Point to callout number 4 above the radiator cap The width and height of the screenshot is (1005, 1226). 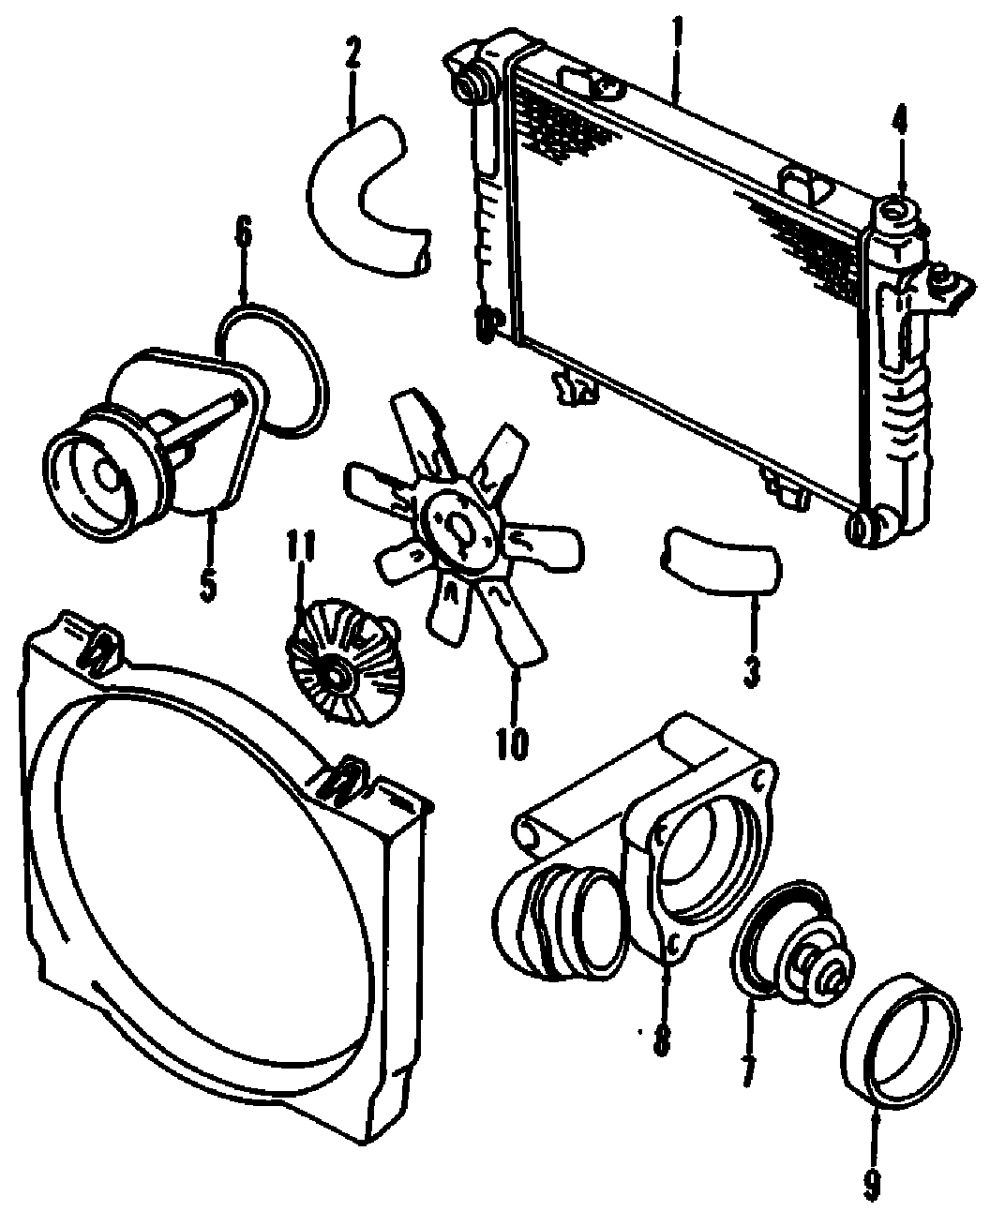tap(899, 120)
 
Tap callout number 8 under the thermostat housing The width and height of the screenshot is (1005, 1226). tap(662, 1039)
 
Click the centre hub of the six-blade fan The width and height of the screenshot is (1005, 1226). tap(458, 531)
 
